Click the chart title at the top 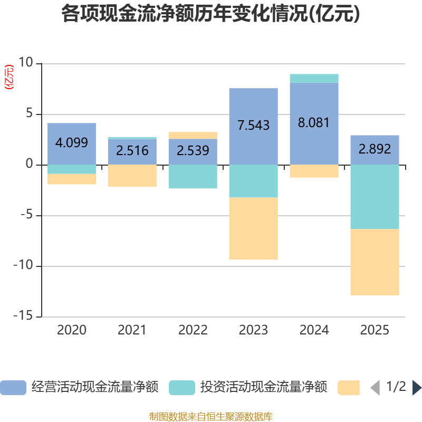tap(211, 14)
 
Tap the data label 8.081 tap(314, 123)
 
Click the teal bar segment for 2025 tap(375, 197)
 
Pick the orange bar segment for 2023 tap(253, 228)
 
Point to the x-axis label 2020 tap(72, 330)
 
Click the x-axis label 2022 tap(193, 330)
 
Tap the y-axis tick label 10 tap(25, 63)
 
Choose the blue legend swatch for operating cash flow tap(13, 388)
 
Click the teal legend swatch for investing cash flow tap(182, 388)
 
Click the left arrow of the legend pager tap(375, 388)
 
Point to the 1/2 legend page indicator tap(396, 387)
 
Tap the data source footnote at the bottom tap(211, 417)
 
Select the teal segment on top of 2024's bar tap(314, 79)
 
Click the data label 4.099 tap(72, 142)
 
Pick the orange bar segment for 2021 tap(132, 176)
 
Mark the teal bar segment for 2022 tap(193, 177)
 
